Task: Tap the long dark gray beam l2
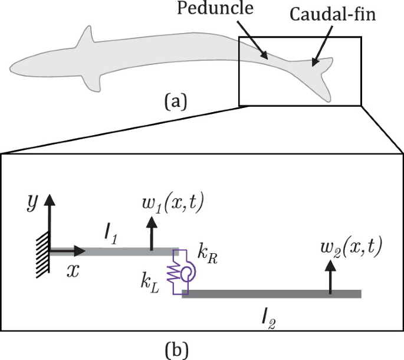pos(271,293)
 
